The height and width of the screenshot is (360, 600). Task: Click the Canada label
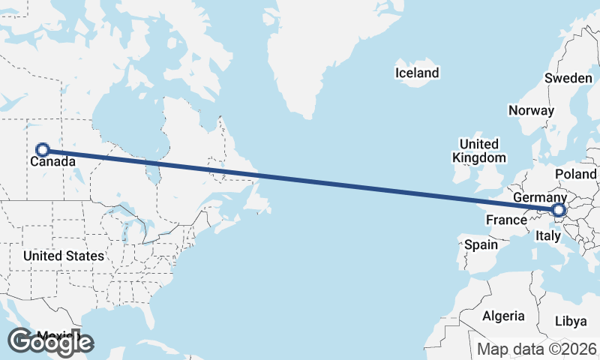[52, 161]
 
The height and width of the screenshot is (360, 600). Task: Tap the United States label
[64, 256]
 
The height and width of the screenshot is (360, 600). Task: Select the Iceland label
[417, 73]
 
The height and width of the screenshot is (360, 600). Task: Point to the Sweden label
[568, 78]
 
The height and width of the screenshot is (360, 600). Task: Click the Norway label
[531, 110]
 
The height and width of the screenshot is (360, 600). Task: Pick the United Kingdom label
[479, 151]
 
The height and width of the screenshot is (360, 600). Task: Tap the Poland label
[575, 174]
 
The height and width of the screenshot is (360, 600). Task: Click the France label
[506, 220]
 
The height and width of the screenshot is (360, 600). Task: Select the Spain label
[481, 244]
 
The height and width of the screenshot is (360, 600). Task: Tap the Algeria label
[503, 316]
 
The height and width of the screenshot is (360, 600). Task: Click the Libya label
[571, 321]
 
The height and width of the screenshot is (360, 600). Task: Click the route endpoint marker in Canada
[43, 150]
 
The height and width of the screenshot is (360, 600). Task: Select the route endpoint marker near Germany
[559, 211]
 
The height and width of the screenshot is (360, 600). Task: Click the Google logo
[50, 342]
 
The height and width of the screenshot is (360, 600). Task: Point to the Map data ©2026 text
[537, 349]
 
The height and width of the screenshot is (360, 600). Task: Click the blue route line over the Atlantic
[337, 183]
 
